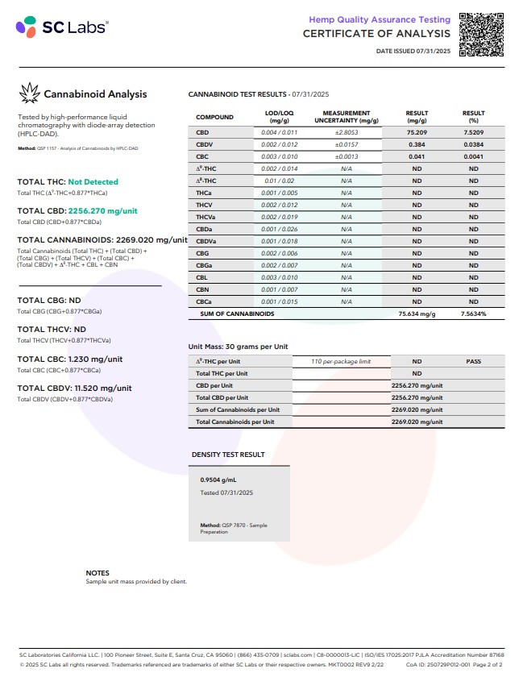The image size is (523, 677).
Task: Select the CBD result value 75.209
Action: [x=417, y=131]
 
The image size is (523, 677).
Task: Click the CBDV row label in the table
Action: [x=204, y=143]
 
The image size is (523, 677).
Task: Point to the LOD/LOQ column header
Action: [x=280, y=117]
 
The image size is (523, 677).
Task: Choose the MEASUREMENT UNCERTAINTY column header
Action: [x=347, y=117]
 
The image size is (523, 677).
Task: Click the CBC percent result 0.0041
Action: [x=473, y=156]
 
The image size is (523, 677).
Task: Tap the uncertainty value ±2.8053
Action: [x=347, y=131]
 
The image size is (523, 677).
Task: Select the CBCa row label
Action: [x=204, y=301]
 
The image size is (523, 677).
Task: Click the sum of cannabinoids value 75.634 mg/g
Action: [x=415, y=314]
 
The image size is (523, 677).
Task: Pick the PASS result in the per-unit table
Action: [x=473, y=362]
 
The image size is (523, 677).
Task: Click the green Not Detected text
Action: [x=93, y=182]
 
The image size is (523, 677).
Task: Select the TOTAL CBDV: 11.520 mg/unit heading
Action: [x=74, y=388]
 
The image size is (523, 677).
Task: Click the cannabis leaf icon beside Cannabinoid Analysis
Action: [x=29, y=93]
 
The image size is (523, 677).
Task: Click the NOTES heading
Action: [x=98, y=573]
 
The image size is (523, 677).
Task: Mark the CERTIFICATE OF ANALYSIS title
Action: [x=376, y=33]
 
